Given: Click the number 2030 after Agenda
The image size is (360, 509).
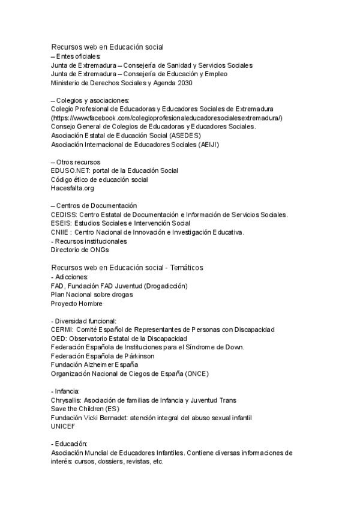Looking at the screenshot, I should click(x=184, y=83).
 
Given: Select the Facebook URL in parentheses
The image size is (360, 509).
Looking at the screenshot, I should click(x=167, y=118).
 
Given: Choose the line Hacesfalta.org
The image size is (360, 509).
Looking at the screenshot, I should click(x=73, y=188).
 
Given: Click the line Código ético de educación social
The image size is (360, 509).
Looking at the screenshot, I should click(x=100, y=179).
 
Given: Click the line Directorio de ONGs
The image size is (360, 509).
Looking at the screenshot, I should click(x=80, y=250).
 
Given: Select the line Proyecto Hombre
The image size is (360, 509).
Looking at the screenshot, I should click(x=77, y=304).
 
